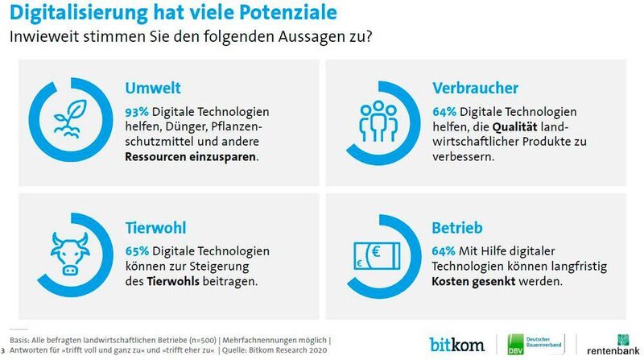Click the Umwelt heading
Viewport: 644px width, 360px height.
[151, 89]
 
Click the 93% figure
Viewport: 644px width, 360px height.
[136, 111]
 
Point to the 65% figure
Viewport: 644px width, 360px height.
[136, 250]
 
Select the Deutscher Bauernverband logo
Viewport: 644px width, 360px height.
[530, 343]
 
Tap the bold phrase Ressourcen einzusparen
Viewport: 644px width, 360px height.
[192, 157]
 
